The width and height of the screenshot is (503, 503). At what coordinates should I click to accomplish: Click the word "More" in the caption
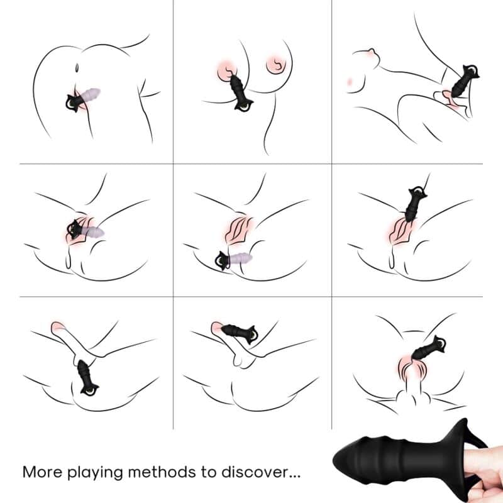(x=42, y=472)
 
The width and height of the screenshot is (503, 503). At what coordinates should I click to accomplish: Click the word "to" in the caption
(x=209, y=472)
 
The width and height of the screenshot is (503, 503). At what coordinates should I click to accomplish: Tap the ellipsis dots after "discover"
(x=295, y=477)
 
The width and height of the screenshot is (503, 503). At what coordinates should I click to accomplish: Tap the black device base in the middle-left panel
(x=75, y=229)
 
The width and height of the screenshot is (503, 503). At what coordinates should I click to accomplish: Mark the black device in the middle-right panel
(x=414, y=203)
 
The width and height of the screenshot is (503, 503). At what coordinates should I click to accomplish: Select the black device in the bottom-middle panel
(x=240, y=333)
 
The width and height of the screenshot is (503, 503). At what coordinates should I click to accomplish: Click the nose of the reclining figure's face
(x=372, y=52)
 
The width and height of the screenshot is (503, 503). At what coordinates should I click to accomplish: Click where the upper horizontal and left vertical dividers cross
(x=174, y=164)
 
